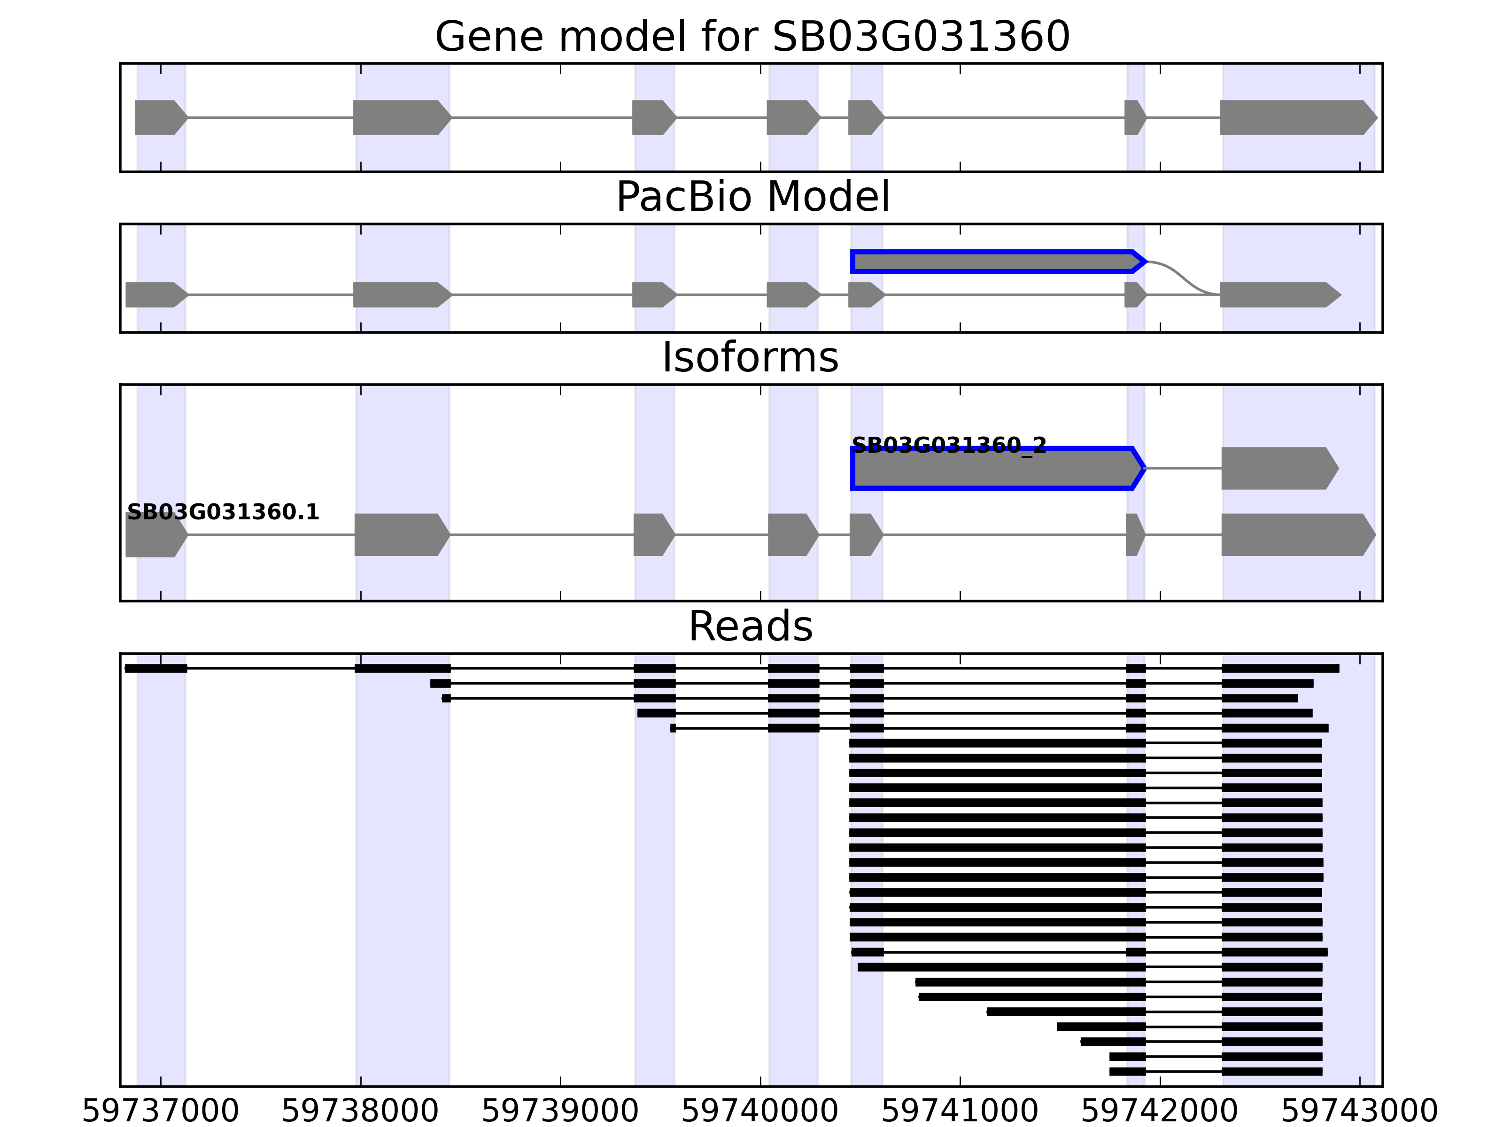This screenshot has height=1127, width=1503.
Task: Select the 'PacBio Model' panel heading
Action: [x=752, y=197]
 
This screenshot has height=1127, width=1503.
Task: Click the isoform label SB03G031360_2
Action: [x=949, y=445]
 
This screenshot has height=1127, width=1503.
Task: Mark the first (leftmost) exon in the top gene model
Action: [x=160, y=117]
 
